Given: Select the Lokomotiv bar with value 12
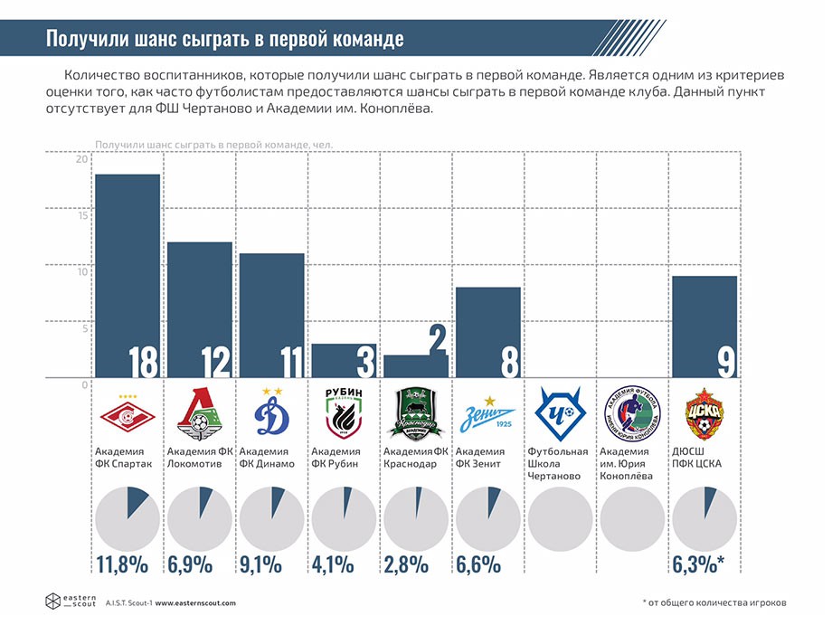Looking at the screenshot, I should pos(200,308).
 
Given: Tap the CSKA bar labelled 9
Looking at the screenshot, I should pos(704,326).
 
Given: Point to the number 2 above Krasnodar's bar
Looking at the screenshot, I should pos(437,342).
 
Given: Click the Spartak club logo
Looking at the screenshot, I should pos(127,415).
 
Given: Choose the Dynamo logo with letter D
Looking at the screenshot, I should pos(270,414).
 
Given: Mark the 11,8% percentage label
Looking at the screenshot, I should pos(122,566).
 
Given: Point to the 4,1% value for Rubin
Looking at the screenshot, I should pos(336,566).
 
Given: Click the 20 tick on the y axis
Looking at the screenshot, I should pos(82,160).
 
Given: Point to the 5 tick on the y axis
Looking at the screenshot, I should pos(85,328).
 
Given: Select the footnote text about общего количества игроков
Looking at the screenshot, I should pos(714,603).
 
